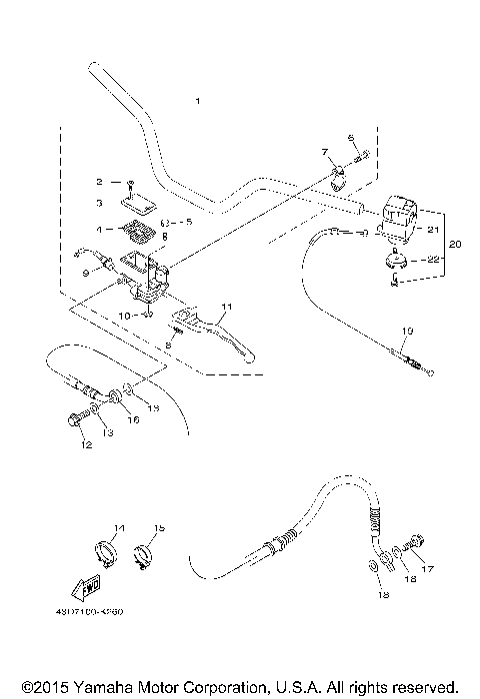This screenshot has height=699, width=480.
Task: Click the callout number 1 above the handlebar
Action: [x=198, y=102]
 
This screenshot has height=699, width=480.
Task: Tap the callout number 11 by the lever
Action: [x=226, y=306]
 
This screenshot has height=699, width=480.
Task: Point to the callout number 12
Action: [x=86, y=444]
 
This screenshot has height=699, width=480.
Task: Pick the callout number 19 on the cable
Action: [x=407, y=331]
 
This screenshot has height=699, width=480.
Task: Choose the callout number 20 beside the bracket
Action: [x=455, y=245]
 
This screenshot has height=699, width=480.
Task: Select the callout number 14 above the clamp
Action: [x=119, y=527]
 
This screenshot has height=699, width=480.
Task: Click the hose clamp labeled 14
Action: [x=109, y=551]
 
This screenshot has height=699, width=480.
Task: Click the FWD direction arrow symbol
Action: [x=90, y=584]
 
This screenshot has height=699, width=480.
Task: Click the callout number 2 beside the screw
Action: [x=99, y=182]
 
